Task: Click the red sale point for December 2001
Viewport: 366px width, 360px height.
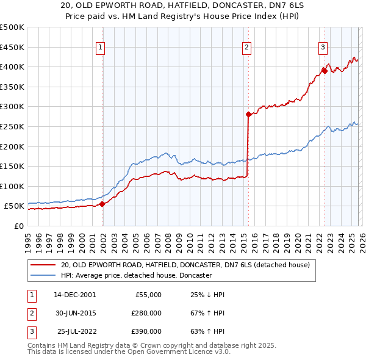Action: pos(102,204)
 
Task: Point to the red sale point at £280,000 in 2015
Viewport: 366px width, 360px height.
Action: pos(248,114)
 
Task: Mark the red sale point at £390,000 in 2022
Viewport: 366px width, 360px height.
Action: pos(325,71)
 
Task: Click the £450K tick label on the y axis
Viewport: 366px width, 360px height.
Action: pos(12,47)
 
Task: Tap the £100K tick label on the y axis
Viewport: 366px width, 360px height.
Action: pos(12,186)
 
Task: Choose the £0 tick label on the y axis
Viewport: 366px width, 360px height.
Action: pos(18,226)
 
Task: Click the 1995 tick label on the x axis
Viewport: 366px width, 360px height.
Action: pos(27,239)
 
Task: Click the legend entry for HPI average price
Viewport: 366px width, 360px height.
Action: pos(135,276)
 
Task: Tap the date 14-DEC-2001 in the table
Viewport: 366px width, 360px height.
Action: pos(74,295)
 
